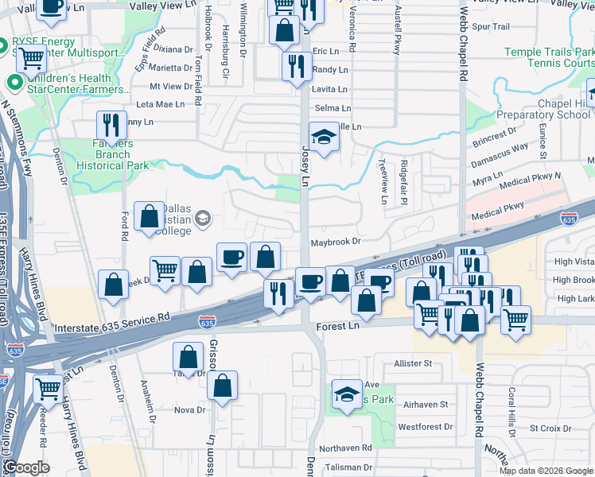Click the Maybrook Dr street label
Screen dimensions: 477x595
(335, 241)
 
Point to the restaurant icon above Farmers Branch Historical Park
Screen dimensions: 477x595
(111, 126)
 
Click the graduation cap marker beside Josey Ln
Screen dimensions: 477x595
(324, 137)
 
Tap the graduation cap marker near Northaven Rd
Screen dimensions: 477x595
(347, 394)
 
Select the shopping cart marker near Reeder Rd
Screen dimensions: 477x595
(49, 390)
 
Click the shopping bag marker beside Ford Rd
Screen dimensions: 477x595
(150, 216)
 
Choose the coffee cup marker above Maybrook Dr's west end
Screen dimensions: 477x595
(231, 258)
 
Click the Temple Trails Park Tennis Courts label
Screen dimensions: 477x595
(549, 57)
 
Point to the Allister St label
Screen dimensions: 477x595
(412, 363)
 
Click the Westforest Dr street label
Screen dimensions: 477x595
(425, 427)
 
